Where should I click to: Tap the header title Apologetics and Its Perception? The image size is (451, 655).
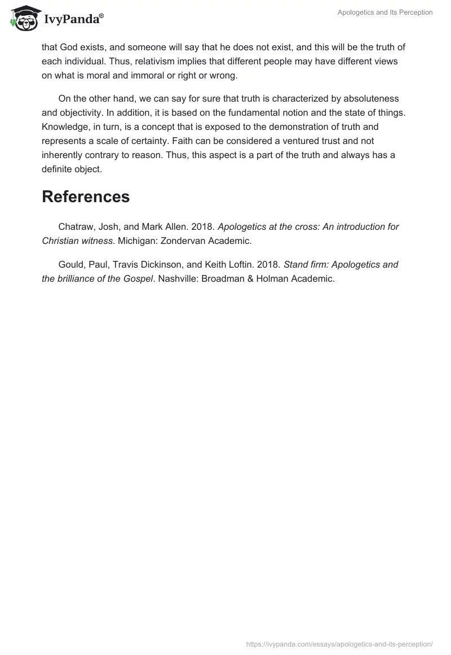pyautogui.click(x=384, y=12)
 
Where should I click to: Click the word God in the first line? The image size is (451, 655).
pyautogui.click(x=69, y=47)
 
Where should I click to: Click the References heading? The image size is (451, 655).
pyautogui.click(x=86, y=197)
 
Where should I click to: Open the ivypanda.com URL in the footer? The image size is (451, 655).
pyautogui.click(x=340, y=644)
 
